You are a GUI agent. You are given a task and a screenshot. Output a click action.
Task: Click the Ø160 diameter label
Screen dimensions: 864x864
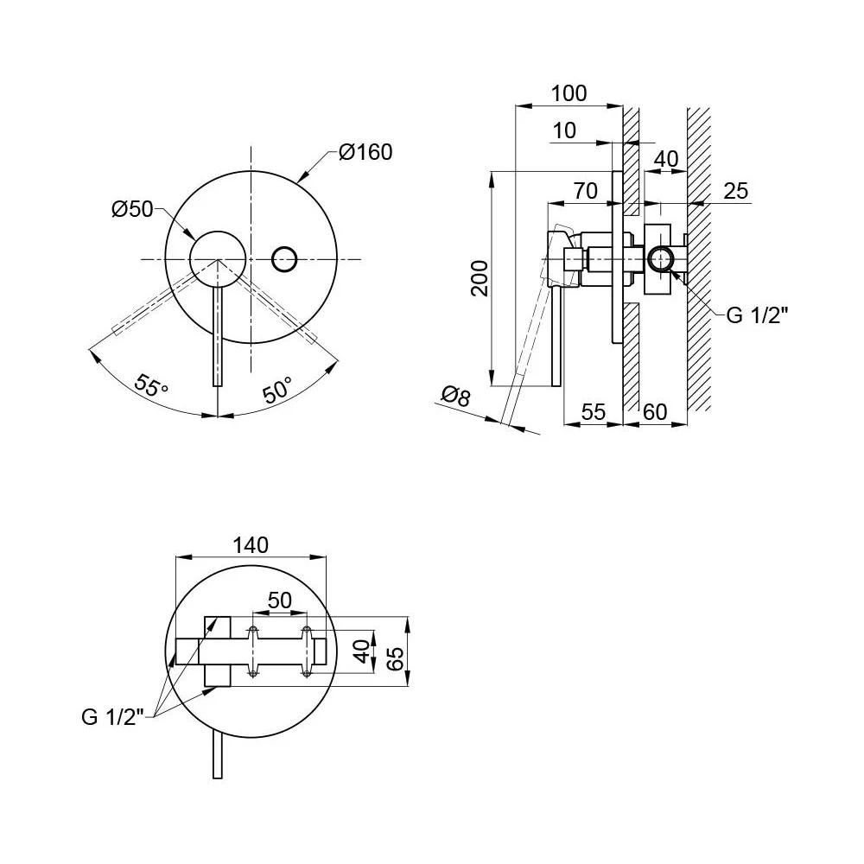[365, 152]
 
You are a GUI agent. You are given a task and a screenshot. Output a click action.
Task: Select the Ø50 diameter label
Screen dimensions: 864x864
[132, 209]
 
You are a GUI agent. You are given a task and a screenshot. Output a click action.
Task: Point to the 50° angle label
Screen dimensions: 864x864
[277, 391]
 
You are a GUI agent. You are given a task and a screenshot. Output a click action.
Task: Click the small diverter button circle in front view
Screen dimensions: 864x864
[285, 259]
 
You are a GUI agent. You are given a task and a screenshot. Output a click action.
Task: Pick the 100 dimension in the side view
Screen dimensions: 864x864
[569, 93]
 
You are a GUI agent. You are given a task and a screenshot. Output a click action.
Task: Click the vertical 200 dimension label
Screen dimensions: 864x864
[480, 279]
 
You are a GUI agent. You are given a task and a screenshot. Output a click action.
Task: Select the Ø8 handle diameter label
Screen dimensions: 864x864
[456, 396]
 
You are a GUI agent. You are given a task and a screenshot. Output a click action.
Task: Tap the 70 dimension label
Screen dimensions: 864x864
[585, 191]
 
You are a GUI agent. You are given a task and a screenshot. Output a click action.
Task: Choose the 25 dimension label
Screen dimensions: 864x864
[735, 191]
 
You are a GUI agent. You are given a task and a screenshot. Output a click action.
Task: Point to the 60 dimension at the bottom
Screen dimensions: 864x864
[655, 412]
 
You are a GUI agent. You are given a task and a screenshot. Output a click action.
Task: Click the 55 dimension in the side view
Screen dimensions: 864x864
[594, 412]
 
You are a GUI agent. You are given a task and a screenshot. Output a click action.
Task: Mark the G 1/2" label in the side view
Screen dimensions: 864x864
[758, 315]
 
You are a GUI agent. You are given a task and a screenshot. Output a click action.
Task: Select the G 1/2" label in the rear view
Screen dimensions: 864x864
[113, 717]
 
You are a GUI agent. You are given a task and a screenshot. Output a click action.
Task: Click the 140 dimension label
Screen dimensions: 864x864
[251, 545]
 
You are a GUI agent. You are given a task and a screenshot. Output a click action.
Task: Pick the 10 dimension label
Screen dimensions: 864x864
[563, 130]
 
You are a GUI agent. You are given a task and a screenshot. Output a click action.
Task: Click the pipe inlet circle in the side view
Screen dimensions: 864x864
[660, 259]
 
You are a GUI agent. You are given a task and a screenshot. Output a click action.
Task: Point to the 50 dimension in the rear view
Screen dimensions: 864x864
[279, 600]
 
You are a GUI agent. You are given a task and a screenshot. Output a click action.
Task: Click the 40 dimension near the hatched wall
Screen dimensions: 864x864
[665, 159]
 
